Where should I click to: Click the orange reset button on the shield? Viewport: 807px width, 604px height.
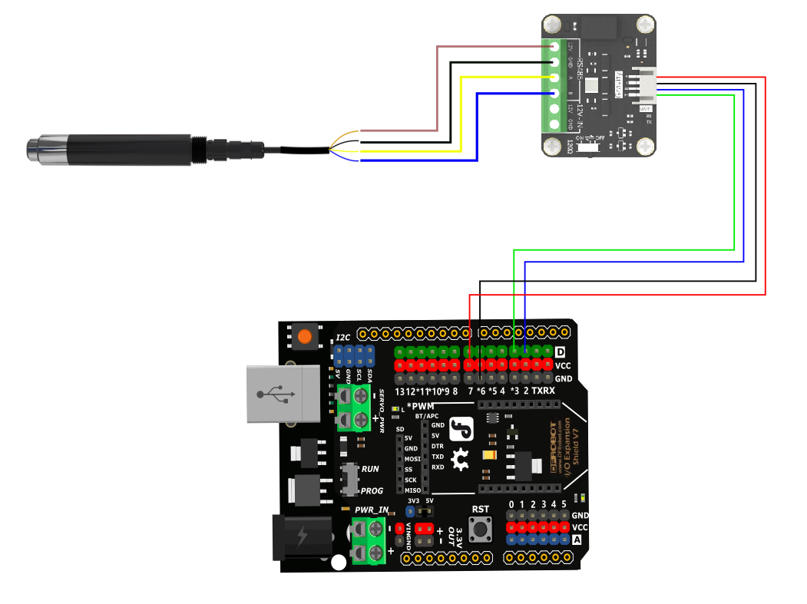tap(305, 336)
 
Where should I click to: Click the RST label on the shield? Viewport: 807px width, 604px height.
tap(481, 509)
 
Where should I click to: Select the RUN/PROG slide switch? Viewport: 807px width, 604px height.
tap(350, 479)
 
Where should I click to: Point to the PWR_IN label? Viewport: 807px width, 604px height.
tap(372, 510)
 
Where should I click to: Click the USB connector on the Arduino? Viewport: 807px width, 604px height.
tap(282, 394)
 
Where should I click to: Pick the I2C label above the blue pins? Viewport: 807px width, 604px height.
tap(343, 338)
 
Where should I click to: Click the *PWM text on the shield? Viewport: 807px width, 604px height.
tap(420, 405)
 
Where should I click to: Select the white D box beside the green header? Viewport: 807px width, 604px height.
tap(560, 352)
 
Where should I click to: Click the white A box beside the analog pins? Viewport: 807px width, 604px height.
tap(577, 540)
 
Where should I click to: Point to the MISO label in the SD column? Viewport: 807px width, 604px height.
tap(412, 490)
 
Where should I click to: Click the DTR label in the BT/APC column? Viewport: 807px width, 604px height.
tap(438, 446)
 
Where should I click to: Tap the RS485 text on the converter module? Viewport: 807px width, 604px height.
tap(580, 71)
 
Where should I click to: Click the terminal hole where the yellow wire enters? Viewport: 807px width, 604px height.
tap(554, 78)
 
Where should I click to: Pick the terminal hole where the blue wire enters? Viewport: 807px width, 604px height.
tap(554, 94)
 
